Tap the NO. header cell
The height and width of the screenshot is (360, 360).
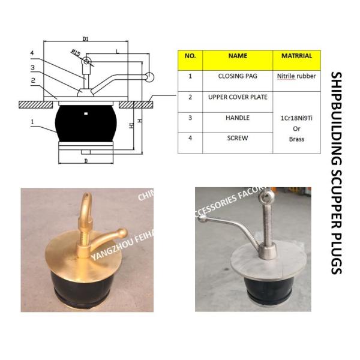click(190, 55)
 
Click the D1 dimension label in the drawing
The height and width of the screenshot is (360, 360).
click(85, 39)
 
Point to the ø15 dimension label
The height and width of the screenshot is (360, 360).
click(75, 55)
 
